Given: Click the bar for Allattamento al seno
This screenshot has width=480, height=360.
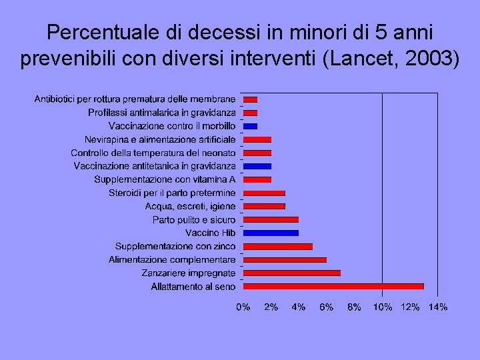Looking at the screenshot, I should pos(333,286).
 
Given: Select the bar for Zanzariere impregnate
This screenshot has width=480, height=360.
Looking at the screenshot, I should pos(291,273).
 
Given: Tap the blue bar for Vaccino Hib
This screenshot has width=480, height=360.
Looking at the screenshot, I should pos(271,233).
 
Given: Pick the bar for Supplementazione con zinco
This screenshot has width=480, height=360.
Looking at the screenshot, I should pos(277,246).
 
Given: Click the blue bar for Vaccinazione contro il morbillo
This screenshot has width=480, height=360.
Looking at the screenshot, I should pos(250,126).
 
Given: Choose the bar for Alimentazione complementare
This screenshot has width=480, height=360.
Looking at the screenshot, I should pos(285,259).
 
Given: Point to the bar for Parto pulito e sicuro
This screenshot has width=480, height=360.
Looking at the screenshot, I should pos(271,219).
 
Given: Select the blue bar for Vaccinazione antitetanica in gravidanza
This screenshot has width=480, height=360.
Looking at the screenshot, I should pos(257,166).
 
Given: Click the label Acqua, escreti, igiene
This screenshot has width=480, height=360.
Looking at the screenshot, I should pos(190,206).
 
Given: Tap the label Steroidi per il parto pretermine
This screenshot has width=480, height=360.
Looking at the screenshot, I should pos(172,193).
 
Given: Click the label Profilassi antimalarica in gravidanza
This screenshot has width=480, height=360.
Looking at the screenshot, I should pos(161,113).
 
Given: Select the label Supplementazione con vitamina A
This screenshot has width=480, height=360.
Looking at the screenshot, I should pos(165,179).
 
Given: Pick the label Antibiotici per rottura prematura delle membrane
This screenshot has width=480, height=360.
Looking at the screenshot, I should pos(135,99).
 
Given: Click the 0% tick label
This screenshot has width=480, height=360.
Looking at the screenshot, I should pos(243,307).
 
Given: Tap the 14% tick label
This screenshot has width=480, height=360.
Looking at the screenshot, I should pos(438,307).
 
